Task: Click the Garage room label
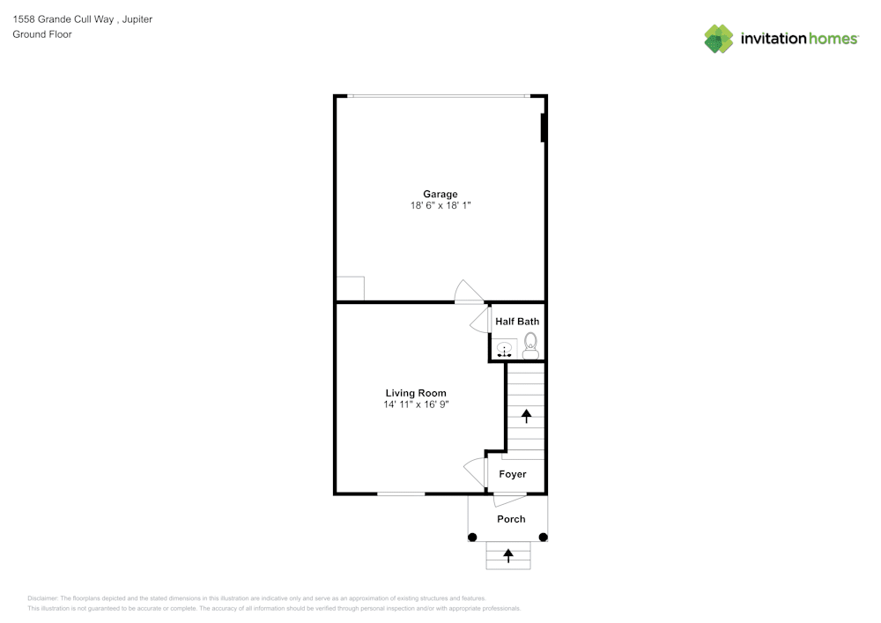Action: click(x=440, y=194)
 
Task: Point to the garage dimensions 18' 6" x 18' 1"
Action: click(x=440, y=205)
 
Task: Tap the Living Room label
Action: click(x=416, y=393)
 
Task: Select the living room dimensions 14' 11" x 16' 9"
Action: click(x=416, y=404)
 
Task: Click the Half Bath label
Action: click(x=517, y=322)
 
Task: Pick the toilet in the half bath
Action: click(x=530, y=345)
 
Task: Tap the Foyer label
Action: click(x=513, y=474)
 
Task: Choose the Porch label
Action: click(x=511, y=519)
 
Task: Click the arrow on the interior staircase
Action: click(x=527, y=414)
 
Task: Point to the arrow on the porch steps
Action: click(x=508, y=555)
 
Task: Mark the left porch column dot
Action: click(x=472, y=537)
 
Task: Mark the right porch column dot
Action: click(x=544, y=537)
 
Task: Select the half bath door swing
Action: click(x=481, y=320)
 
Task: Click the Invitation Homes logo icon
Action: click(x=719, y=38)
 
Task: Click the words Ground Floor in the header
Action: click(x=42, y=34)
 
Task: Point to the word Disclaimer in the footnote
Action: click(x=42, y=597)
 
